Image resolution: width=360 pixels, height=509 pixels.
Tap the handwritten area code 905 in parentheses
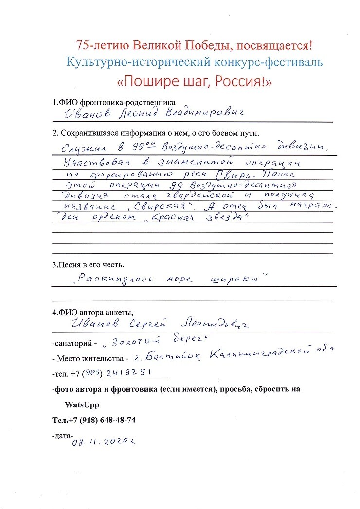click(x=93, y=373)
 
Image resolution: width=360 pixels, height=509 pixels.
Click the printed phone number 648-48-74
click(x=111, y=420)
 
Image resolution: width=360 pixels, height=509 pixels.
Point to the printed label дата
click(x=62, y=436)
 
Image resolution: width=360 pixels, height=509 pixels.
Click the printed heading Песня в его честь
click(x=88, y=265)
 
